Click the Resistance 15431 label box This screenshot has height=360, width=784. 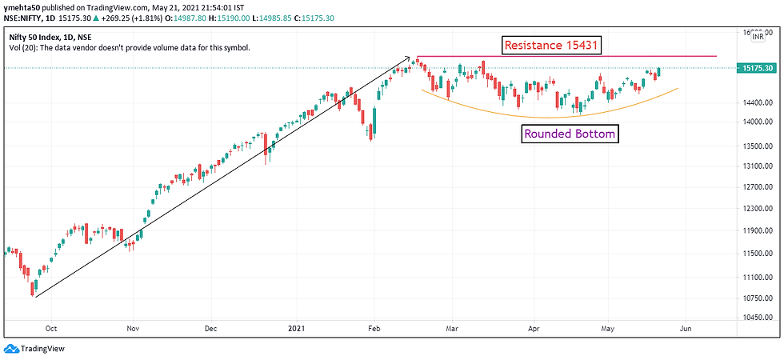(x=552, y=45)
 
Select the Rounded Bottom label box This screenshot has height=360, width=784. (x=570, y=134)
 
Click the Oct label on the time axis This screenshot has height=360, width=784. (x=51, y=328)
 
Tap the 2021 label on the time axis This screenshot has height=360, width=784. (x=296, y=328)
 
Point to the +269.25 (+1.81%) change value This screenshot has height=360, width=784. (x=118, y=18)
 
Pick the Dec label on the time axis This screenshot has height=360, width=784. (x=211, y=328)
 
